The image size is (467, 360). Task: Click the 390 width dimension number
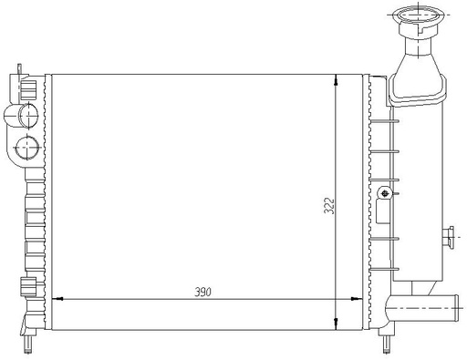[x=202, y=293]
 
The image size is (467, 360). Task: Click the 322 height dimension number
[x=329, y=206]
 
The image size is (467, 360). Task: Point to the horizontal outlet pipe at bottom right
[x=422, y=308]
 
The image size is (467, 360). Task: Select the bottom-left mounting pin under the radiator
[x=28, y=345]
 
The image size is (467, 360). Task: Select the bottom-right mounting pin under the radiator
[x=385, y=345]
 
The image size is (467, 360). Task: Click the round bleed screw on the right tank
[x=385, y=192]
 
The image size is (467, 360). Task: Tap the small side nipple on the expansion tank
[x=449, y=237]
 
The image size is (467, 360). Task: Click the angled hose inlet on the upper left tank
[x=21, y=115]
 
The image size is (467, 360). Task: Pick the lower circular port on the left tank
[x=27, y=148]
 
